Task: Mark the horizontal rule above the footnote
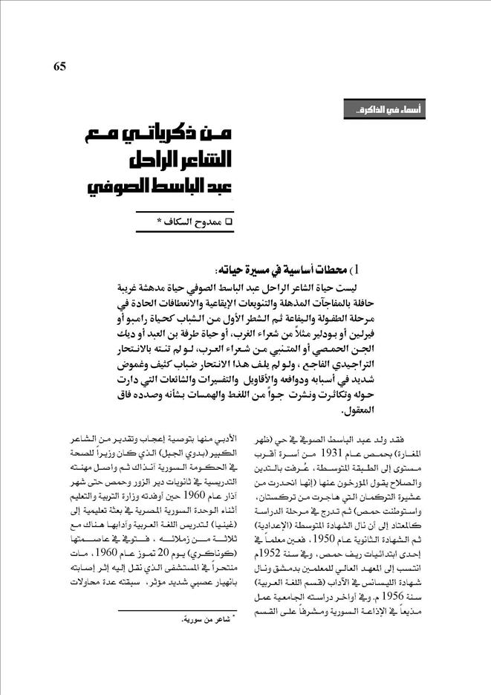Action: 175,607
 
